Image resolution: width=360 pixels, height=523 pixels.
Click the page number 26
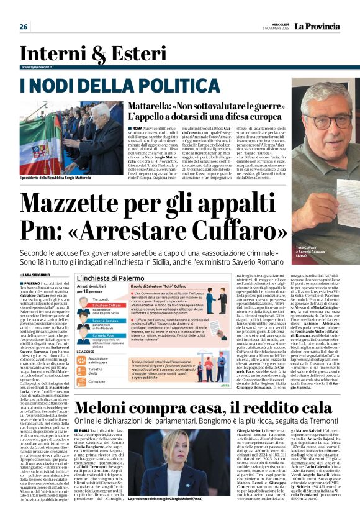[x=24, y=27]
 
